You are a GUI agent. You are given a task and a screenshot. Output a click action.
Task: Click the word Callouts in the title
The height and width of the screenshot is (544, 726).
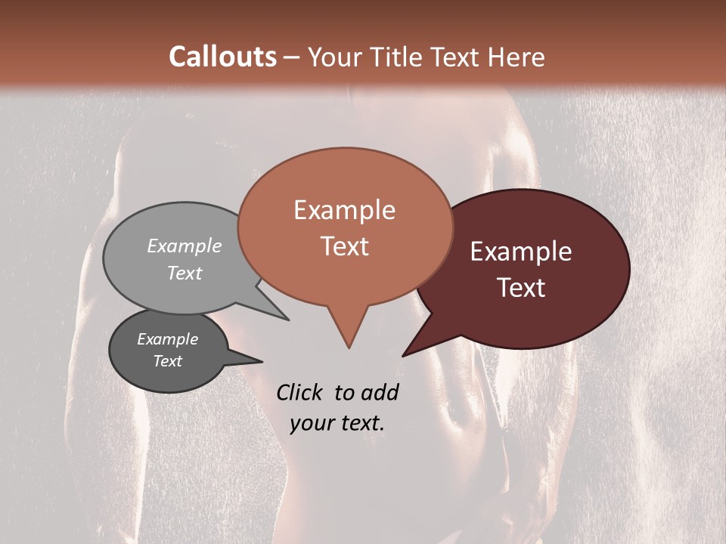tap(222, 57)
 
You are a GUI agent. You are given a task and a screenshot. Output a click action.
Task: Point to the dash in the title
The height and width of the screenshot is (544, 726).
tap(292, 57)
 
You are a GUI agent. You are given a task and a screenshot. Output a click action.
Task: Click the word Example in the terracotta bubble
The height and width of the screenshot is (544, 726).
tap(344, 210)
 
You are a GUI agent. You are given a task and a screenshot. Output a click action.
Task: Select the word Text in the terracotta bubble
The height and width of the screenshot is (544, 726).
tap(344, 246)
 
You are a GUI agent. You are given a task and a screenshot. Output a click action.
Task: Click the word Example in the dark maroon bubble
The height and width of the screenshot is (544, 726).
tap(521, 252)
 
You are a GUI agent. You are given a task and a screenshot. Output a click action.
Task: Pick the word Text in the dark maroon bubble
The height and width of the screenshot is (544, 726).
tap(522, 288)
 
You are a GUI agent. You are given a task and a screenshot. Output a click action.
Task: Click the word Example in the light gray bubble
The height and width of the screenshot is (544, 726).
tap(185, 246)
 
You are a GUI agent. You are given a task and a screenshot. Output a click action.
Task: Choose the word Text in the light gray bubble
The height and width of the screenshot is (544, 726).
tap(185, 273)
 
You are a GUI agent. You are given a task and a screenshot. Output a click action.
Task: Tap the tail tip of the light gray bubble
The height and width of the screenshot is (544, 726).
tap(287, 320)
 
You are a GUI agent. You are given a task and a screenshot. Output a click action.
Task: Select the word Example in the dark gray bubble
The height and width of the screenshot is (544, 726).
tap(167, 339)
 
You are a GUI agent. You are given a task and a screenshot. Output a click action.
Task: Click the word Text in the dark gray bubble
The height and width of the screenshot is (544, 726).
tap(167, 361)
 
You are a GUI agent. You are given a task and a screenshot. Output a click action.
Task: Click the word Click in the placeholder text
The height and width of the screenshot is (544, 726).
tap(301, 392)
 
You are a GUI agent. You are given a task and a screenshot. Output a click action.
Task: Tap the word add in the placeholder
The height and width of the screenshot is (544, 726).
tap(380, 392)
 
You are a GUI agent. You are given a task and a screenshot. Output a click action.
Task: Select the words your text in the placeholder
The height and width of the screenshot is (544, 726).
tap(337, 423)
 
